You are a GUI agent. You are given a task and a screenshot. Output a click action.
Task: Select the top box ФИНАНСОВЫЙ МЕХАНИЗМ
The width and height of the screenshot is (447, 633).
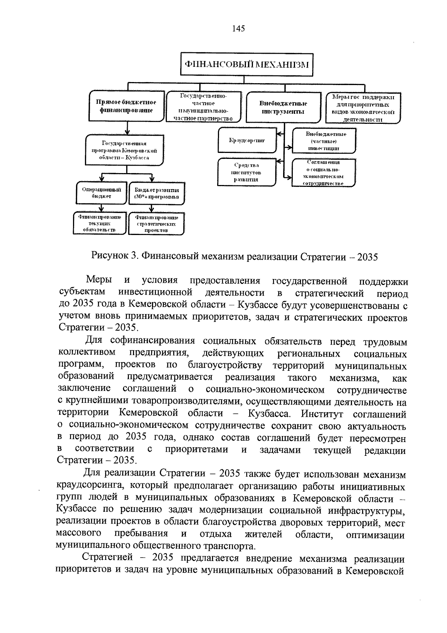pyautogui.click(x=244, y=64)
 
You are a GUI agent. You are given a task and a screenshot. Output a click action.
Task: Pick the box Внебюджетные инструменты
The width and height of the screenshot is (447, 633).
pyautogui.click(x=283, y=107)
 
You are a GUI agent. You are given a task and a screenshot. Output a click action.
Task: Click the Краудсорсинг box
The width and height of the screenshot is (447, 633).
pyautogui.click(x=247, y=141)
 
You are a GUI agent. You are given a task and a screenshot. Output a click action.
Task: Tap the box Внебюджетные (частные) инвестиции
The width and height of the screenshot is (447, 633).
pyautogui.click(x=323, y=141)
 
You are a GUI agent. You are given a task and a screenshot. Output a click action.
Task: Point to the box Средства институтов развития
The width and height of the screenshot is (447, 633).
pyautogui.click(x=247, y=172)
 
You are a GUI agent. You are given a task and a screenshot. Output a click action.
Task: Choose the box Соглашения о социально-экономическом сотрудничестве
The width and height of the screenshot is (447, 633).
pyautogui.click(x=323, y=173)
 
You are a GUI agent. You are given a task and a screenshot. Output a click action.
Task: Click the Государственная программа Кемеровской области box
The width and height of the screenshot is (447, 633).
pyautogui.click(x=124, y=150)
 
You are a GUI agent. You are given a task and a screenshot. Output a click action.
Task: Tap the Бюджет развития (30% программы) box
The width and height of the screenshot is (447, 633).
pyautogui.click(x=156, y=193)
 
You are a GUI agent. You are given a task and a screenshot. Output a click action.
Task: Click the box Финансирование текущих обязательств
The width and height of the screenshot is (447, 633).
pyautogui.click(x=99, y=223)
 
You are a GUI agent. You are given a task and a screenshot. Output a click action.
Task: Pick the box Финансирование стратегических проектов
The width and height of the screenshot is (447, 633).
pyautogui.click(x=156, y=223)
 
